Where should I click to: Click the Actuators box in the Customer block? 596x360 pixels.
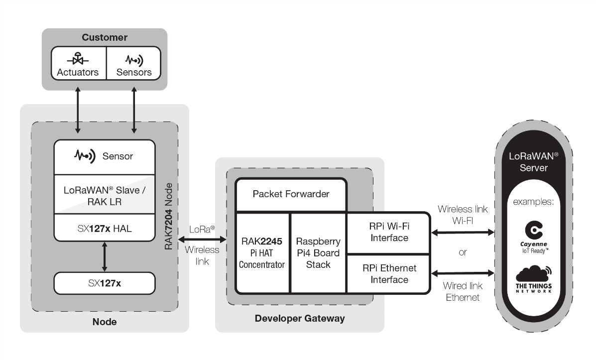pos(78,63)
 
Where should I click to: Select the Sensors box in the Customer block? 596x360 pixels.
pos(133,63)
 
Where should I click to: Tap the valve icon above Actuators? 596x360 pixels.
pos(78,59)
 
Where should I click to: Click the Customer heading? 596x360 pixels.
pos(105,37)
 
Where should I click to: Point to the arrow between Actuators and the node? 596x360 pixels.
pos(78,112)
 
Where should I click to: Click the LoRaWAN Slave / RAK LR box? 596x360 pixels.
pos(105,195)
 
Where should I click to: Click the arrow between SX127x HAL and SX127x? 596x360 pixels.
pos(105,256)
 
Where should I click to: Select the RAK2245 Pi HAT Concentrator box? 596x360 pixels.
pos(262,252)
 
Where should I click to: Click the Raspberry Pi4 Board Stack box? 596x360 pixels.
pos(318,252)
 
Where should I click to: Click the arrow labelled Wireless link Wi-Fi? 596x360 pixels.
pos(463,232)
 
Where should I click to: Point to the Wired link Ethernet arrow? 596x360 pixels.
pos(463,273)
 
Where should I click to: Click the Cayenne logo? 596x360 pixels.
pos(533,235)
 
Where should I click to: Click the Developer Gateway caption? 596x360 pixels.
pos(299,318)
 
